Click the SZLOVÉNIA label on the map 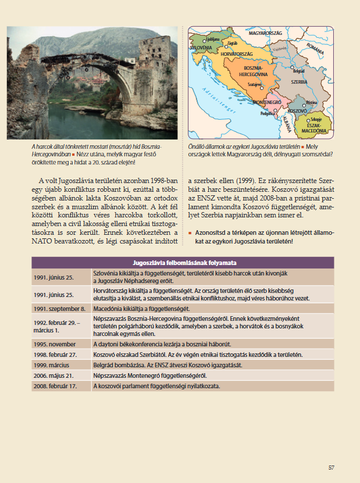201,47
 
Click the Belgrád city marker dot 297,67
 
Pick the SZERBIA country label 299,82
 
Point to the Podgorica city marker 277,111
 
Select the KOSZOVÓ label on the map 297,110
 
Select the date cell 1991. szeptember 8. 60,309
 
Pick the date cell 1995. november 55,344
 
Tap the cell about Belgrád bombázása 167,365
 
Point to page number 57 331,467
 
